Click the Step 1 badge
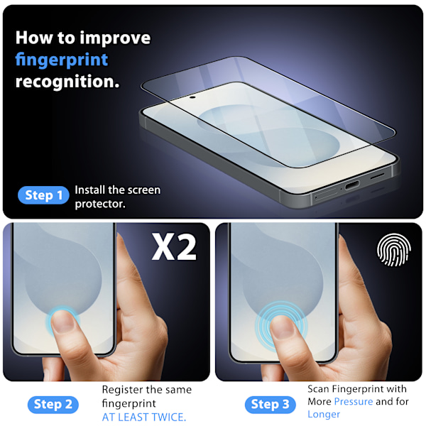(x=43, y=195)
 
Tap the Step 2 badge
(x=53, y=405)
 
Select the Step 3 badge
(x=270, y=405)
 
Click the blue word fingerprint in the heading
(x=62, y=60)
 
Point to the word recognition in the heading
(x=67, y=82)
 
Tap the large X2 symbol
(x=174, y=247)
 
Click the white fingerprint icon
(x=393, y=250)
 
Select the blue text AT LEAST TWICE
(x=144, y=417)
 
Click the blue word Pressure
(x=354, y=401)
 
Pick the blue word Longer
(x=324, y=415)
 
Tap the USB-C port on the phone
(x=352, y=185)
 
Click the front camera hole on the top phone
(x=192, y=97)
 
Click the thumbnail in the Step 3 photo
(x=283, y=327)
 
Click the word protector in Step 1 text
(x=100, y=204)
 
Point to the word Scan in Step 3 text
(x=318, y=389)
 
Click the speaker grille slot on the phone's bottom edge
(x=378, y=176)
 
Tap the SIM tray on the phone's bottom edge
(x=325, y=194)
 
